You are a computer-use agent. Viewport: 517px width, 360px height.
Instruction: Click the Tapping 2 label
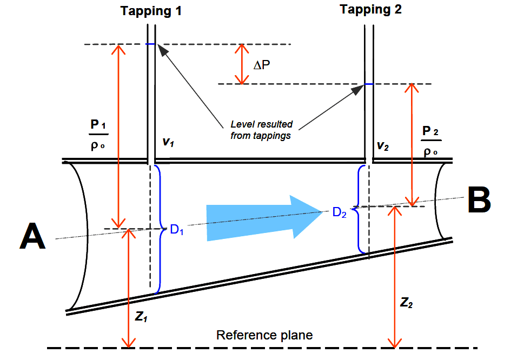click(370, 9)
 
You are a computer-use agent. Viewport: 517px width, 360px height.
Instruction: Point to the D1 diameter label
click(177, 230)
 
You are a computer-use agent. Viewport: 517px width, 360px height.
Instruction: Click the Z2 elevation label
click(407, 303)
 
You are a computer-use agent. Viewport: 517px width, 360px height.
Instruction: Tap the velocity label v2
click(382, 146)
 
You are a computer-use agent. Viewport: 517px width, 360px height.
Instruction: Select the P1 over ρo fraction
click(98, 135)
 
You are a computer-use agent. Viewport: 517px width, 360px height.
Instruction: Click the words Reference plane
click(264, 335)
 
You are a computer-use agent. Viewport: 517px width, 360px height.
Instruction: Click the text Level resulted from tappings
click(261, 130)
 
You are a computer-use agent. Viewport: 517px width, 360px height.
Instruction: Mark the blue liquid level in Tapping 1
click(151, 44)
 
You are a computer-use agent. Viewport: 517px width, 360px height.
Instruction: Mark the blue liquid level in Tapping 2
click(369, 84)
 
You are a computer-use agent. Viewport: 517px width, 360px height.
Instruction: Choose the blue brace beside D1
click(159, 229)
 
